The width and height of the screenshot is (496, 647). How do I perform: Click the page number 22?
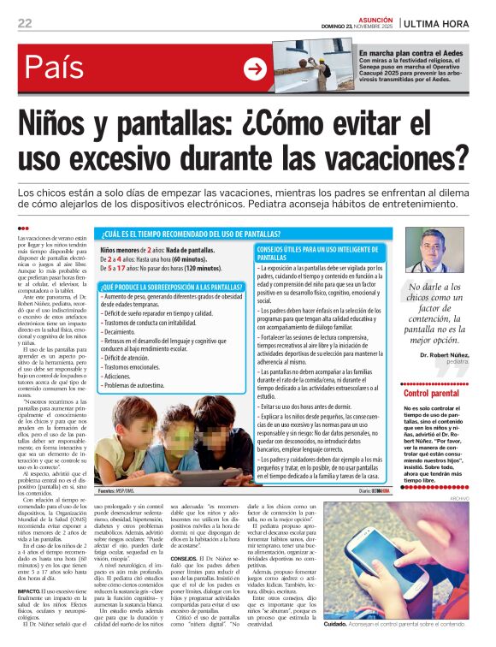coord(25,22)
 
